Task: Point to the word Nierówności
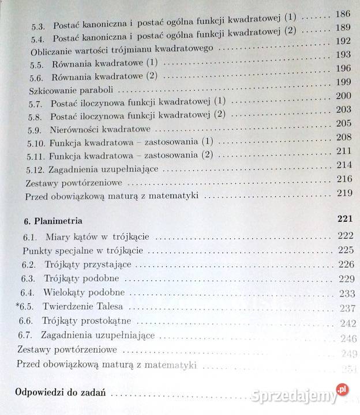tap(80, 130)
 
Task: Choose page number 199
tap(343, 83)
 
